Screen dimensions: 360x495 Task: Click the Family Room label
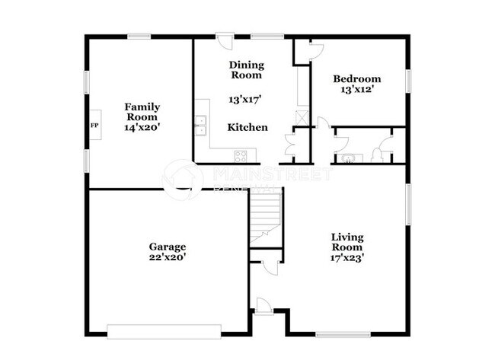coord(142,112)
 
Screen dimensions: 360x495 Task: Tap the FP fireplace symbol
coord(95,126)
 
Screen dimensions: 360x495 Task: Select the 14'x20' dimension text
coord(142,129)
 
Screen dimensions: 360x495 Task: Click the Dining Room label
coord(246,70)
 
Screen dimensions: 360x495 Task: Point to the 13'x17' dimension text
coord(244,99)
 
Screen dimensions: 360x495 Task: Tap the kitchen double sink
coord(201,126)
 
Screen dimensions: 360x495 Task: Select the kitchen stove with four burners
coord(241,156)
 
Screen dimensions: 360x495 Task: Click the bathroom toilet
coord(378,156)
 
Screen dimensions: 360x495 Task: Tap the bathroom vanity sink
coord(350,158)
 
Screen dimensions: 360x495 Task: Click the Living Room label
coord(346,242)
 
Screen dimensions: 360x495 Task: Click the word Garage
coord(168,247)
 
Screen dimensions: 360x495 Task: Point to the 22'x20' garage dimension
coord(168,257)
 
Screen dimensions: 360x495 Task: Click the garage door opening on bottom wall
coord(164,331)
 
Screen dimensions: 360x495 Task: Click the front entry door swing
coord(263,306)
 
